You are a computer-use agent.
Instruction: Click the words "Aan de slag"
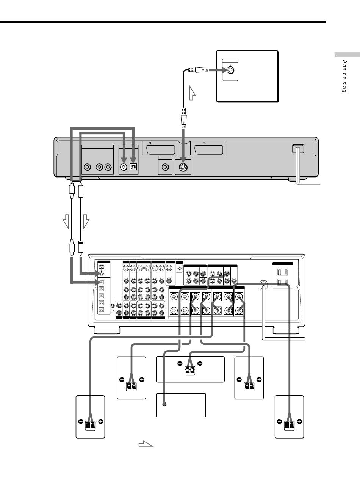click(344, 76)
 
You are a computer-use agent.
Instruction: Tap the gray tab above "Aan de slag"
click(347, 54)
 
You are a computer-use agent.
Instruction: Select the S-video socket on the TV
click(230, 70)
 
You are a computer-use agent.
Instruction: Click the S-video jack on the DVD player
click(183, 168)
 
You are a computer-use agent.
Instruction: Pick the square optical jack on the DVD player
click(133, 167)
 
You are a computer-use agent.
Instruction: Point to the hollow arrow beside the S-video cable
click(192, 93)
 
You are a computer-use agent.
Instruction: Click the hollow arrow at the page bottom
click(146, 444)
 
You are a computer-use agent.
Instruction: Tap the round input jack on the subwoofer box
click(164, 404)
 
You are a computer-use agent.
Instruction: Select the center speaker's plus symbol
click(200, 363)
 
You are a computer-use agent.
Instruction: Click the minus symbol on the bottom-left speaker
click(81, 421)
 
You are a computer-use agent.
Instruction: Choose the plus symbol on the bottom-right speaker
click(299, 421)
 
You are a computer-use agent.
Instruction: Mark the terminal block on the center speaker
click(189, 370)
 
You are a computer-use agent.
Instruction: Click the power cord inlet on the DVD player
click(298, 149)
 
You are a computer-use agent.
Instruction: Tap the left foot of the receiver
click(107, 330)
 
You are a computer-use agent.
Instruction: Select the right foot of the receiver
click(286, 330)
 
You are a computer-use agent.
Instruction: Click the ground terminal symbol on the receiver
click(113, 306)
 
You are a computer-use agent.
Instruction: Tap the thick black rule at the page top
click(163, 22)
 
